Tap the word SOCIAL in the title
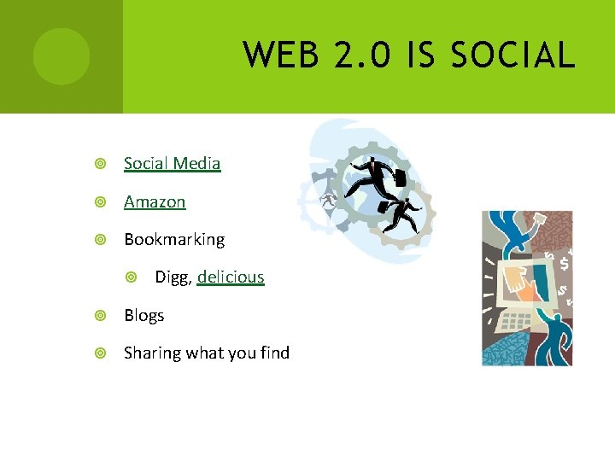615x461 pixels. (512, 56)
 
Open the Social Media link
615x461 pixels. (172, 163)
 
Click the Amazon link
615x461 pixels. (155, 201)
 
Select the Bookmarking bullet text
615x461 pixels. (174, 239)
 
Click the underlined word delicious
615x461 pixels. (231, 277)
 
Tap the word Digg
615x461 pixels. (173, 277)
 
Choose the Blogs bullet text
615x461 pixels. (143, 315)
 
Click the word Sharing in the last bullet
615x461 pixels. (150, 353)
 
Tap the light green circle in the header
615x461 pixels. (61, 56)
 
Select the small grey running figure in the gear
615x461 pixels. (329, 200)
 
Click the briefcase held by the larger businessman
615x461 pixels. (398, 178)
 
